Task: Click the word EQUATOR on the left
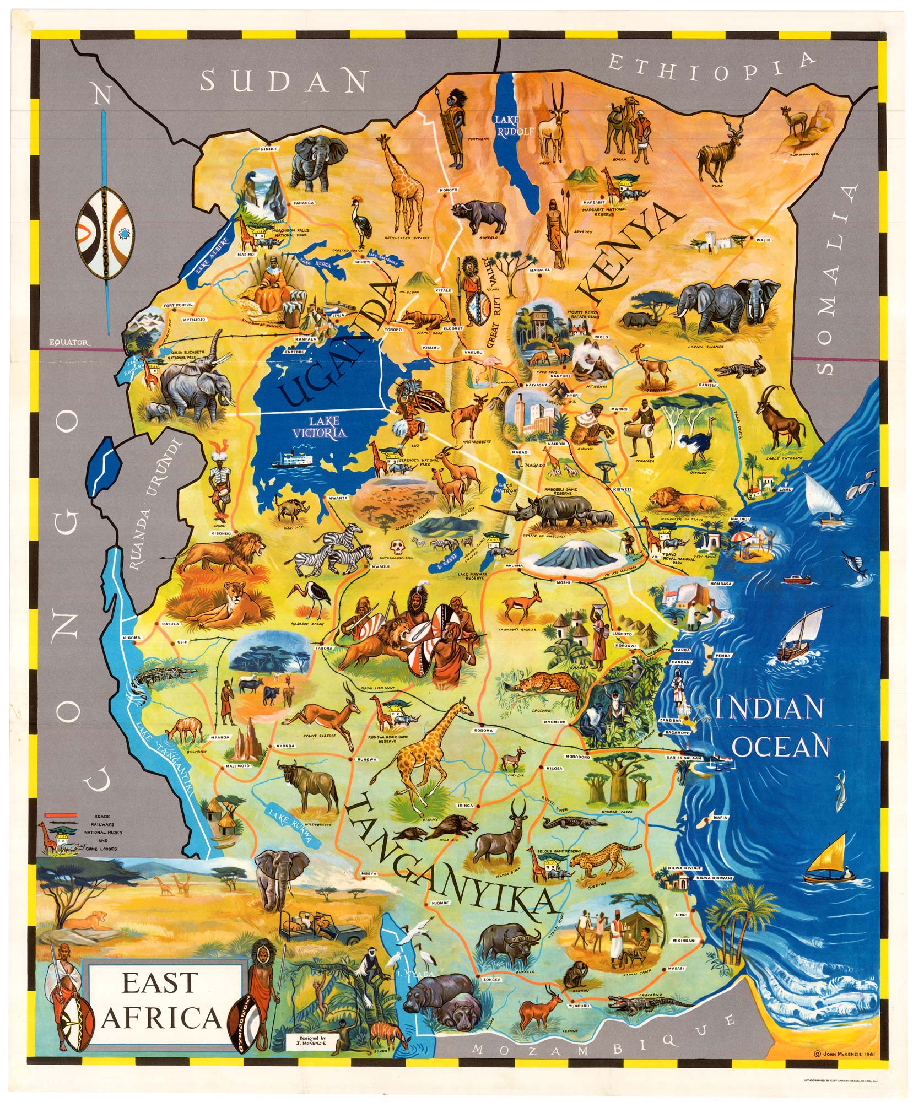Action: point(68,342)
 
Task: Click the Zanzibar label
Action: point(671,721)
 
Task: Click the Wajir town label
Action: point(764,240)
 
